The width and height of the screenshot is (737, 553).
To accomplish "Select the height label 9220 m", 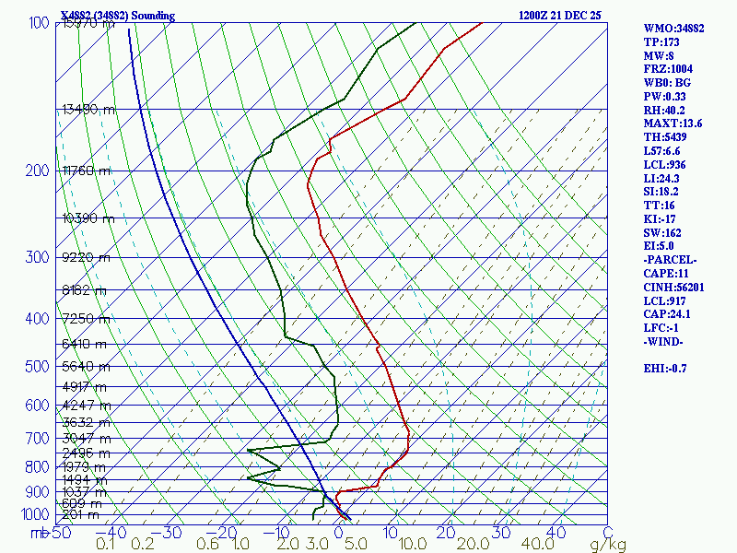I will tap(86, 258).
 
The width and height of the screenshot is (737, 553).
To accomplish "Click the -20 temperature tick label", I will tap(224, 533).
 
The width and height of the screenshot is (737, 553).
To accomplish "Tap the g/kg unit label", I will tap(608, 545).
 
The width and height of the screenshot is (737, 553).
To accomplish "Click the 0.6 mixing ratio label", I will tap(209, 545).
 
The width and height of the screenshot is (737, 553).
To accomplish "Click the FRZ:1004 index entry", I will tap(669, 69).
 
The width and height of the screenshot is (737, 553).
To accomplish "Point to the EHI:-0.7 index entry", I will tap(669, 369).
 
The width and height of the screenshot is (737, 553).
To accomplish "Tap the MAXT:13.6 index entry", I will tap(673, 124).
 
